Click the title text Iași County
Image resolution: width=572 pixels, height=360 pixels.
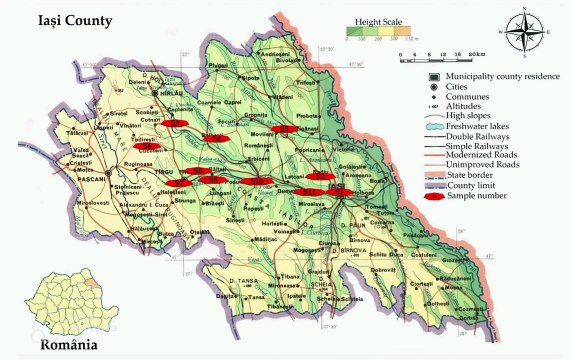(x=60, y=20)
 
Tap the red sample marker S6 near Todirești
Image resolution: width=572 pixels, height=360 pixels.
(x=147, y=146)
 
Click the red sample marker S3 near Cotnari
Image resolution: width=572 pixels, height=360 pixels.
(x=182, y=122)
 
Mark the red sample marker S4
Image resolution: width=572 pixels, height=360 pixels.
(x=213, y=139)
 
